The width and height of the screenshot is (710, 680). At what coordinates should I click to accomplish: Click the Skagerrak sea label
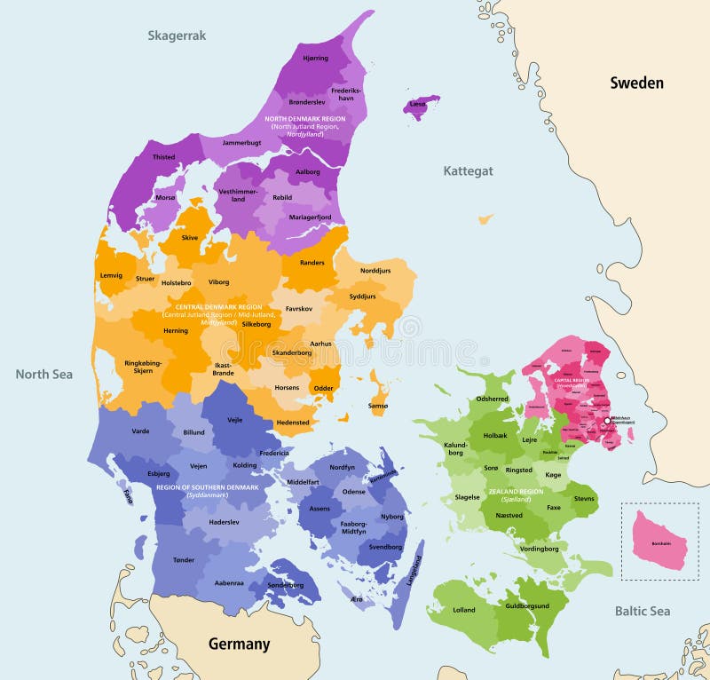(x=177, y=36)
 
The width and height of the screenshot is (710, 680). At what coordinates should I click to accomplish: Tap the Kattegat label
(x=468, y=170)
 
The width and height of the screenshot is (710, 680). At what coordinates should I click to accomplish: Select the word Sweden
(x=636, y=83)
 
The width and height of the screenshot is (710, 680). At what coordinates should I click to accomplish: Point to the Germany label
(x=238, y=644)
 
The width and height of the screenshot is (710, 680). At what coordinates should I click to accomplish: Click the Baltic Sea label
(x=643, y=611)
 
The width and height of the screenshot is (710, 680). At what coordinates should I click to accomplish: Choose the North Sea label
(x=43, y=374)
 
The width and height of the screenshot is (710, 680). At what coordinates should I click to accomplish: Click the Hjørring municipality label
(x=315, y=58)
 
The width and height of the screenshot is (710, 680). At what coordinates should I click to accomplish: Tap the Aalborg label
(x=307, y=171)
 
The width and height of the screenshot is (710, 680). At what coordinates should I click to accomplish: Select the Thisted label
(x=163, y=157)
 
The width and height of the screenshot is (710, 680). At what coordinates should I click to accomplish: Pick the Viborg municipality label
(x=218, y=282)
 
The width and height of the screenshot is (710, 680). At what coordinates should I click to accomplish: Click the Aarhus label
(x=320, y=343)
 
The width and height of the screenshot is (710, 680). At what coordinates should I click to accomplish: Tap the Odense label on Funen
(x=353, y=491)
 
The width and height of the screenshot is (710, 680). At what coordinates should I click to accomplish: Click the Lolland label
(x=463, y=610)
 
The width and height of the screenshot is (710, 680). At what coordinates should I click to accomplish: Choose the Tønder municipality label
(x=184, y=559)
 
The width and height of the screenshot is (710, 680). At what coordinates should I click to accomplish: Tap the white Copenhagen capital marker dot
(x=608, y=421)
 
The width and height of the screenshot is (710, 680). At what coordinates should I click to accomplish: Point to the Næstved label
(x=509, y=514)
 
